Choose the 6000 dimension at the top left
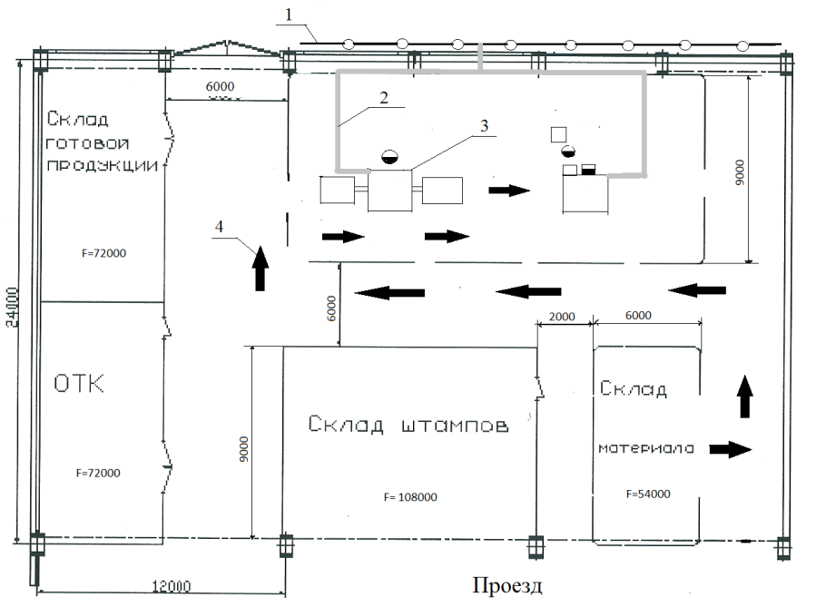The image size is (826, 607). pos(221,85)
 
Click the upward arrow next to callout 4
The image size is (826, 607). pos(261,268)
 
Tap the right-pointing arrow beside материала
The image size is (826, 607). pos(730,449)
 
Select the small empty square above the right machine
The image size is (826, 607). pos(559,134)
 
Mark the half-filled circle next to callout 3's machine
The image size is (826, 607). pos(388,155)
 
